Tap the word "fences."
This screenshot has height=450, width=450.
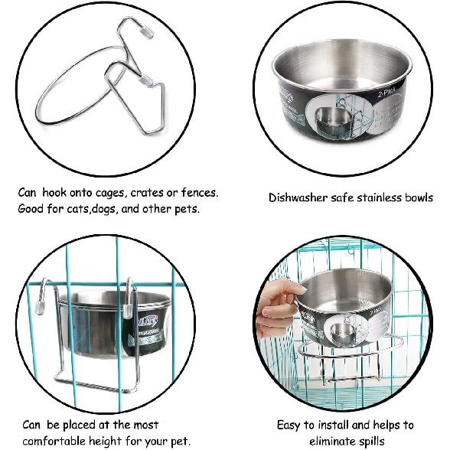click(197, 193)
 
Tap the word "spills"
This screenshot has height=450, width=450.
click(371, 441)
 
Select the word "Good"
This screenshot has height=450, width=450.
click(33, 209)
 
